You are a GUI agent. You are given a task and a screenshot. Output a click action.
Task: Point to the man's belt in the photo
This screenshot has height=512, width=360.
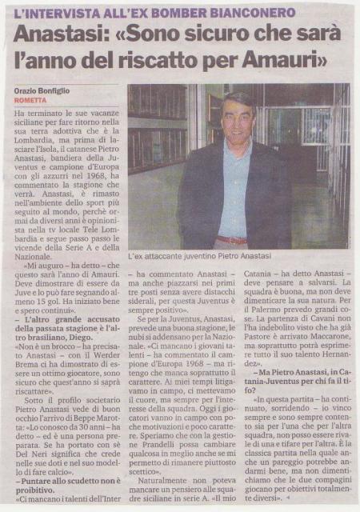[233, 238]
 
